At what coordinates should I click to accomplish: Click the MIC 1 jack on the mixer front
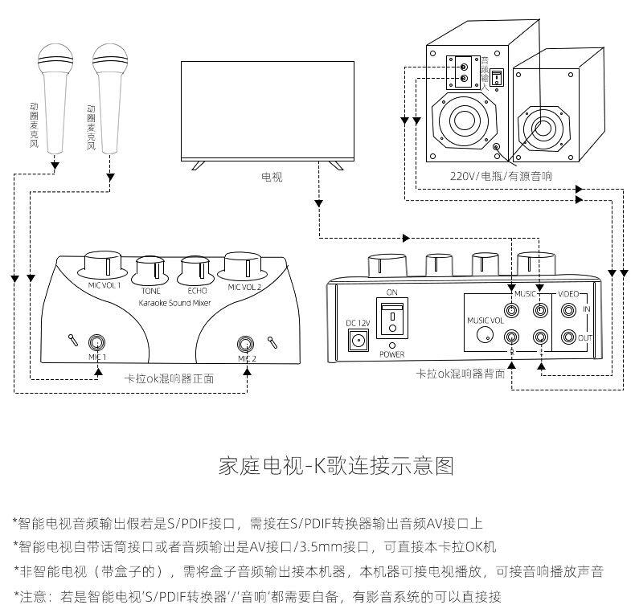click(x=98, y=342)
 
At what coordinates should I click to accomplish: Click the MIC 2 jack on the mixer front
click(x=247, y=344)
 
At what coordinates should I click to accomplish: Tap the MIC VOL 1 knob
click(x=103, y=265)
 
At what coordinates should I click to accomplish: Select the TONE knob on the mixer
click(x=150, y=271)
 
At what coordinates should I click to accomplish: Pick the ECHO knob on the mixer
click(x=196, y=271)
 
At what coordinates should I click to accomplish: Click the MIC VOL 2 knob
click(x=244, y=265)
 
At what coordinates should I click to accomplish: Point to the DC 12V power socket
click(x=355, y=340)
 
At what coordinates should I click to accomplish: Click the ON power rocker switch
click(x=391, y=319)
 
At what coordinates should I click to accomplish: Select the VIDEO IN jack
click(x=570, y=309)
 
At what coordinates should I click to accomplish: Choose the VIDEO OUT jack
click(x=570, y=337)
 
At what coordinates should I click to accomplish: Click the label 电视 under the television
click(x=272, y=177)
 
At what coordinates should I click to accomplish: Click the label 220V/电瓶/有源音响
click(x=501, y=175)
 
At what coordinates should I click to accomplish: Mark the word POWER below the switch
click(x=392, y=353)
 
